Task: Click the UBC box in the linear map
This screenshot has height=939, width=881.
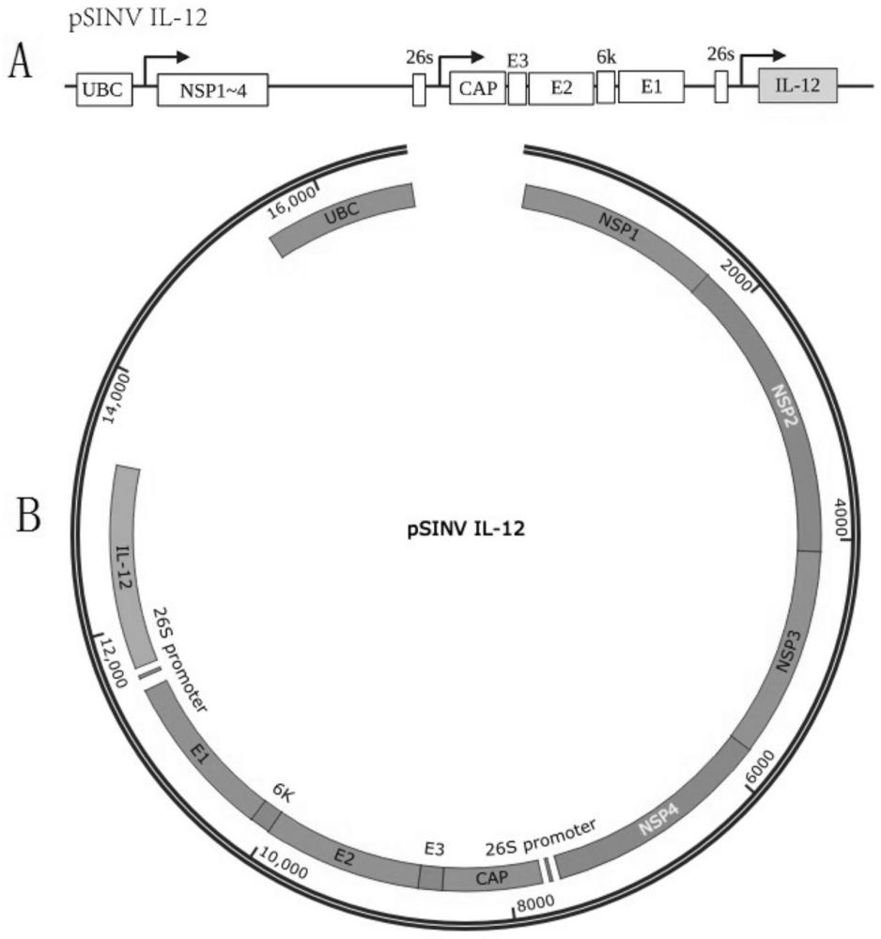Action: pos(104,89)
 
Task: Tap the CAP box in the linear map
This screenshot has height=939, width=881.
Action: pos(477,89)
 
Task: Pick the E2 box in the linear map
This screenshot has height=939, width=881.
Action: pos(561,89)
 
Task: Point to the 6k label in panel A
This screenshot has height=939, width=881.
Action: pos(606,56)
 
